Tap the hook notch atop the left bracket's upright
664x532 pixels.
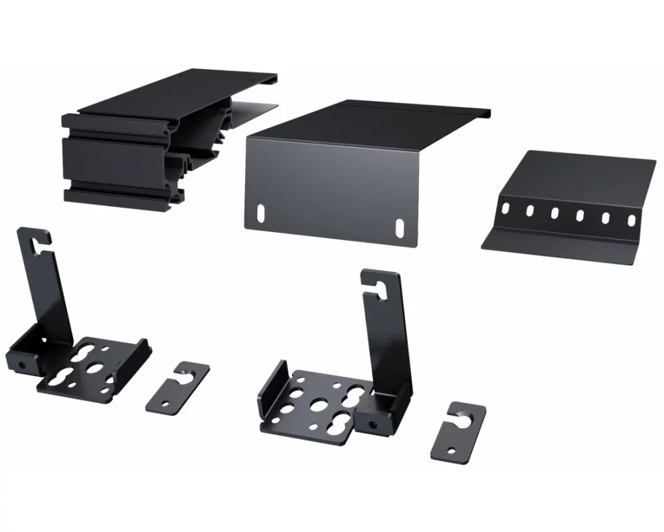tap(37, 240)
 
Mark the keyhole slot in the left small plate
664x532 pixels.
tap(185, 372)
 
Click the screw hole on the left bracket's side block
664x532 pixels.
tap(22, 364)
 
